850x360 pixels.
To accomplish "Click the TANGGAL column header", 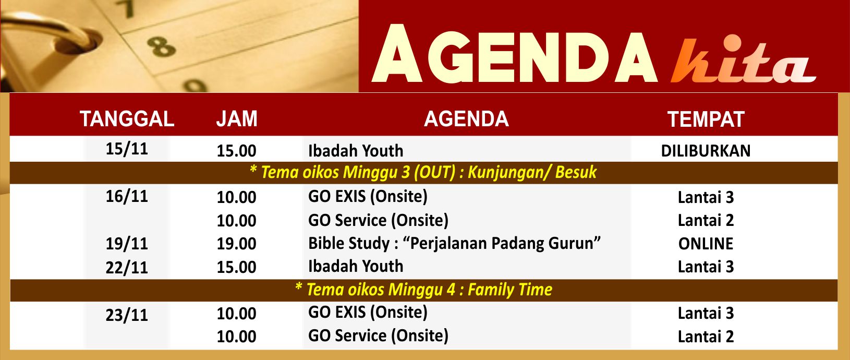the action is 127,119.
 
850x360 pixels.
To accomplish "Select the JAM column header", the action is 237,119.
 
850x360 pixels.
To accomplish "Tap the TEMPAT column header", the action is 706,119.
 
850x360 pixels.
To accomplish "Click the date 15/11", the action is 127,149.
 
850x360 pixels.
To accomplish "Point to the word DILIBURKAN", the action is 706,151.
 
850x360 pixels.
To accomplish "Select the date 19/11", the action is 127,244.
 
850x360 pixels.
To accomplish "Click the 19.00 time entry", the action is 236,244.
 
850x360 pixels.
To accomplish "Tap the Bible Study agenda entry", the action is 454,244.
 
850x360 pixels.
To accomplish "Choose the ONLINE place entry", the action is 706,244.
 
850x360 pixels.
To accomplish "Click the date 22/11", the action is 127,268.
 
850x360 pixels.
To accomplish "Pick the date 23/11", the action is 127,315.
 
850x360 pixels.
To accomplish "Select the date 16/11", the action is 127,196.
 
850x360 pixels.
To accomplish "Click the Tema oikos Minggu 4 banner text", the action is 423,290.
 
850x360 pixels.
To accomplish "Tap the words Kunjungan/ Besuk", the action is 532,172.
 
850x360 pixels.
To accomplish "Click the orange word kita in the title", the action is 743,61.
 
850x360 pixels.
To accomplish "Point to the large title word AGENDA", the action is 514,54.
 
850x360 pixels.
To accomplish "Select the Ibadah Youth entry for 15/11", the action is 356,151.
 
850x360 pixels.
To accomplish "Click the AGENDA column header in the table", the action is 466,119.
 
